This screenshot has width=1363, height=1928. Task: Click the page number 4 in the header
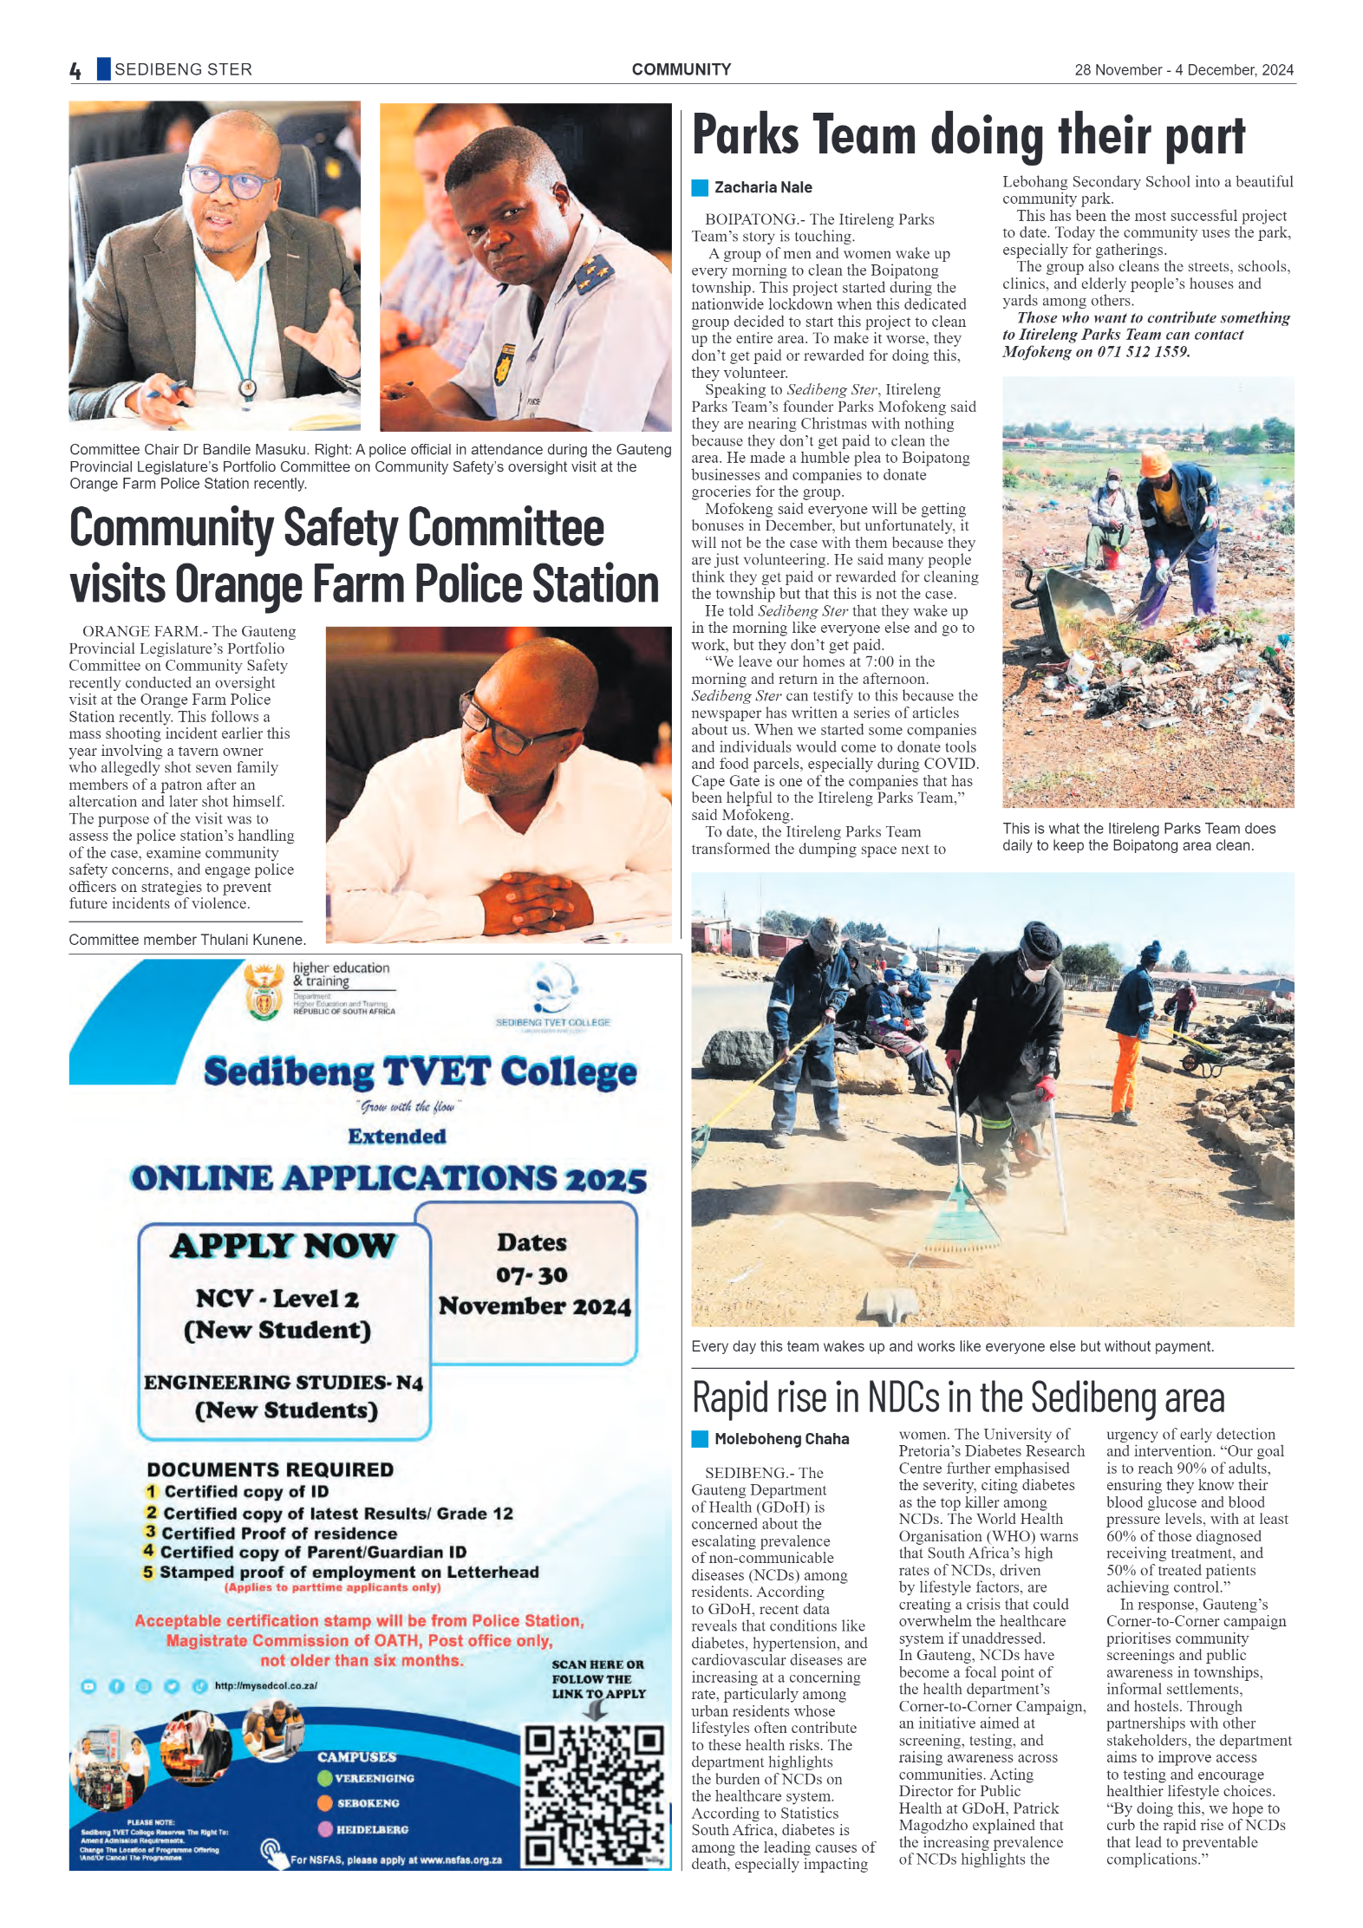click(75, 70)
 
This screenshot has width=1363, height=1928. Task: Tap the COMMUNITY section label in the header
click(681, 69)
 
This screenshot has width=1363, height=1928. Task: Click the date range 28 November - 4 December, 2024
click(1184, 70)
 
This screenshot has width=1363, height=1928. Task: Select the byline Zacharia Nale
click(762, 187)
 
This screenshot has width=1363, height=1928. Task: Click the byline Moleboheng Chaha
click(781, 1439)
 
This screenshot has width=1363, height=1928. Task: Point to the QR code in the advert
click(595, 1794)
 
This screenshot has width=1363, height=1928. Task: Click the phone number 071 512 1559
click(1144, 352)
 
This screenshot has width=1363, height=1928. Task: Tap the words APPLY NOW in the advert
click(284, 1246)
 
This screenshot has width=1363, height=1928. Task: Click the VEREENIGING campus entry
click(374, 1778)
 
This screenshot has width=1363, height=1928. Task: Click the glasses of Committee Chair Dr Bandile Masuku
click(227, 180)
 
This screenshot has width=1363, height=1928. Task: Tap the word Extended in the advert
click(397, 1137)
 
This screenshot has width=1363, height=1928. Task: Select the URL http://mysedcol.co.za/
click(266, 1685)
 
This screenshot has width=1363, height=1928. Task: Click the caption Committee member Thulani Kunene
click(186, 940)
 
